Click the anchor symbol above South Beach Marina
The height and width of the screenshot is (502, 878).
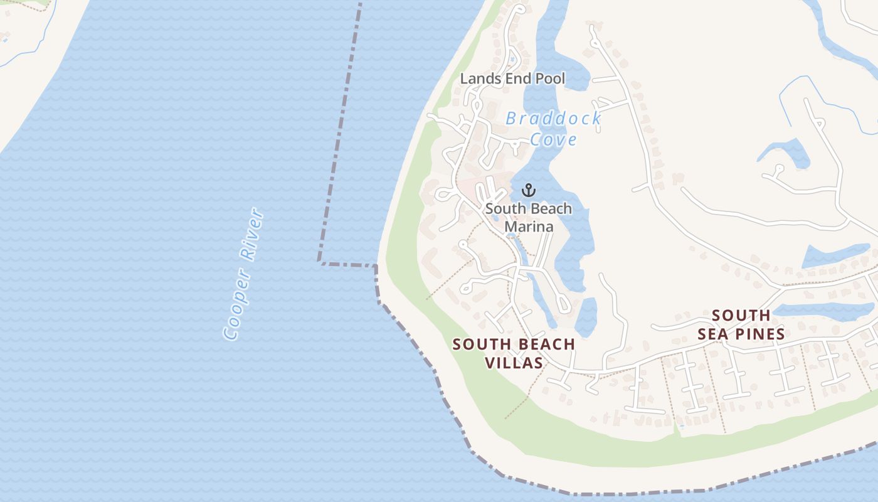point(529,190)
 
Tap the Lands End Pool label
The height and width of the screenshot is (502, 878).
point(512,79)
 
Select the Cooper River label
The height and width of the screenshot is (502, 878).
point(244,274)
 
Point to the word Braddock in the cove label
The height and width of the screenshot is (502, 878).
point(553,119)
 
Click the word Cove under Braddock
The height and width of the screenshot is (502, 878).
point(553,139)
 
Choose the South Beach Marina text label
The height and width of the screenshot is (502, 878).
point(529,217)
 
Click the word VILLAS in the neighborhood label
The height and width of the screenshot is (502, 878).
point(514,363)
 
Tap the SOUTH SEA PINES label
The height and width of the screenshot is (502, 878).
point(741,325)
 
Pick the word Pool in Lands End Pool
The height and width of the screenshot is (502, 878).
point(550,79)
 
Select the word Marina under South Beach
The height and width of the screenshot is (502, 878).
point(529,226)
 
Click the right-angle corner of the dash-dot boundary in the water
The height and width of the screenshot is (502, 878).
point(320,260)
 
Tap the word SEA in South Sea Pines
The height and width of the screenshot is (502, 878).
point(714,334)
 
